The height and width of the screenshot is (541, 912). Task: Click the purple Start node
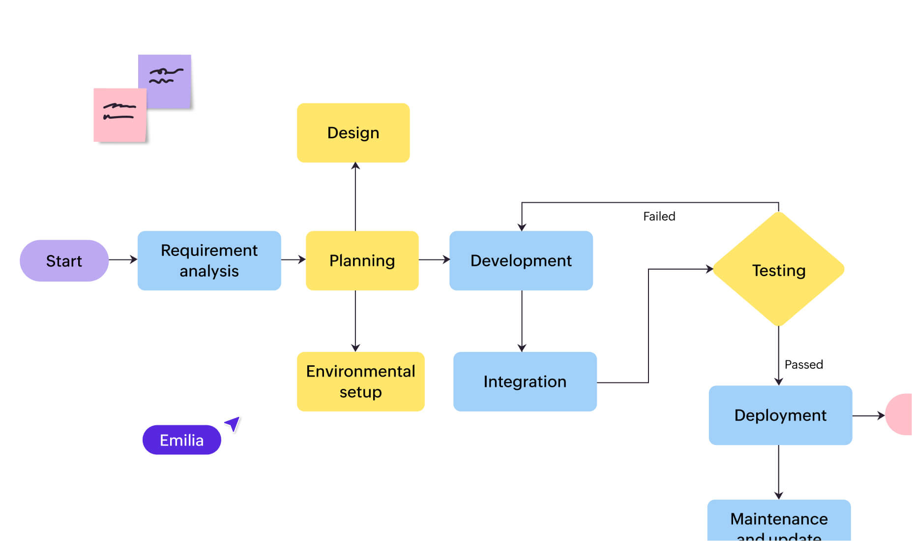tap(64, 260)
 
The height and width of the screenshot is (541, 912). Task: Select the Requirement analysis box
tap(209, 260)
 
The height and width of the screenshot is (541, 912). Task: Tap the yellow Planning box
tap(362, 260)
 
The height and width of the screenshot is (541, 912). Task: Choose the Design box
tap(353, 132)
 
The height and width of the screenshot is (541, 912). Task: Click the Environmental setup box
tap(360, 382)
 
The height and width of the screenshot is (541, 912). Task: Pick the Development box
tap(521, 260)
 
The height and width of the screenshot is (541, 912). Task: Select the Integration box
tap(525, 382)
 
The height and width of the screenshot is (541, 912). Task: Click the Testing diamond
tap(778, 269)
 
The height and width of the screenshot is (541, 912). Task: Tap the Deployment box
tap(780, 415)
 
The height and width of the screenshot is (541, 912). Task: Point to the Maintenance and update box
tap(779, 522)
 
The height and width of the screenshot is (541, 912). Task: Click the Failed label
tap(659, 216)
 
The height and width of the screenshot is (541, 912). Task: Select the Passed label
tap(803, 364)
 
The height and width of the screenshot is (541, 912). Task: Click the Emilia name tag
tap(181, 440)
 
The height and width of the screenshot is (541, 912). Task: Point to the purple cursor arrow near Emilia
tap(233, 423)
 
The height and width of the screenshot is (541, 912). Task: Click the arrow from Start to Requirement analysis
tap(122, 259)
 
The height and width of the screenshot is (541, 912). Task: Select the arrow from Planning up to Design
tap(355, 197)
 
